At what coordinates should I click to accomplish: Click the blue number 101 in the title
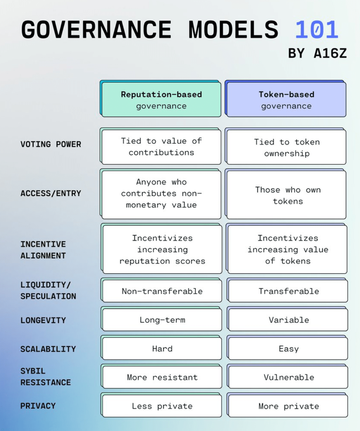pyautogui.click(x=316, y=30)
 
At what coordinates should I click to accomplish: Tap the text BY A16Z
pyautogui.click(x=317, y=53)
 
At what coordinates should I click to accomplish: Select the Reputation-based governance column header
pyautogui.click(x=161, y=100)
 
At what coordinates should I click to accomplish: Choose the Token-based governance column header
pyautogui.click(x=286, y=100)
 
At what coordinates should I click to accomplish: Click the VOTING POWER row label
pyautogui.click(x=51, y=144)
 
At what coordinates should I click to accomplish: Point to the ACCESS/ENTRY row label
pyautogui.click(x=51, y=194)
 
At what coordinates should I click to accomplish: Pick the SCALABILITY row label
pyautogui.click(x=48, y=349)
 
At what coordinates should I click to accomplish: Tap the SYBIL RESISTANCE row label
pyautogui.click(x=46, y=377)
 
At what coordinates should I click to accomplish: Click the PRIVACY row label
pyautogui.click(x=38, y=406)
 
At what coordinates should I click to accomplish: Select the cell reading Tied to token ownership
pyautogui.click(x=287, y=147)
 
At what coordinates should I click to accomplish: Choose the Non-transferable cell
pyautogui.click(x=162, y=291)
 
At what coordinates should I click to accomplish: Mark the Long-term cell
pyautogui.click(x=162, y=320)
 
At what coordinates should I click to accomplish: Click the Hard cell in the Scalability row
pyautogui.click(x=162, y=349)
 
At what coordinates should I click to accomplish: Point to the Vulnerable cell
pyautogui.click(x=289, y=377)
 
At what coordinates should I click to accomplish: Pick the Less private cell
pyautogui.click(x=162, y=406)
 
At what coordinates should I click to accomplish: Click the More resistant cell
pyautogui.click(x=162, y=377)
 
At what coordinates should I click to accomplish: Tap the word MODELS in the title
pyautogui.click(x=233, y=30)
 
